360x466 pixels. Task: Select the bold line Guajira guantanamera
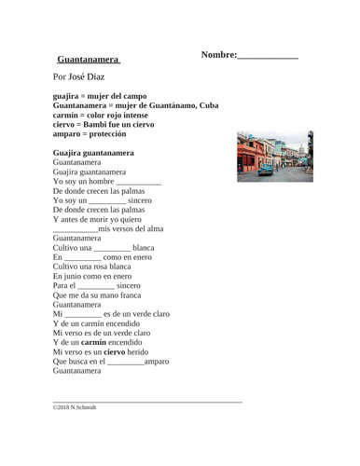click(x=93, y=153)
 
